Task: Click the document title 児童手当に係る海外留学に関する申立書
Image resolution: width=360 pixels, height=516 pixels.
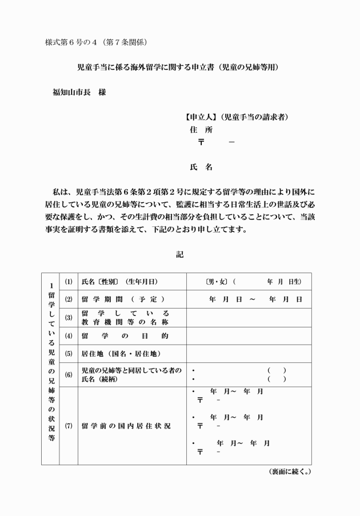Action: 151,67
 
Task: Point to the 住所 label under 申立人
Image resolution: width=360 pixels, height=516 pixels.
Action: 205,130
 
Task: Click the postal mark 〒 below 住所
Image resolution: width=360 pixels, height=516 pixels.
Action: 201,142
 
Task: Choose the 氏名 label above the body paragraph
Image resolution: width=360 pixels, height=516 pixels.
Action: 201,167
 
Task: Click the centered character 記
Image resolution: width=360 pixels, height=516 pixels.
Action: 180,255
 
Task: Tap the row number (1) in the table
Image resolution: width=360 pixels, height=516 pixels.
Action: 69,282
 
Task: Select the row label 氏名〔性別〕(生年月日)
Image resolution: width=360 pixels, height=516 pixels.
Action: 119,282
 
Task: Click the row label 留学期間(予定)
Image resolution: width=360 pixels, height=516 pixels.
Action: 123,299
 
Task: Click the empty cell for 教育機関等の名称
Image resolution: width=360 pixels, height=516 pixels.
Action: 249,317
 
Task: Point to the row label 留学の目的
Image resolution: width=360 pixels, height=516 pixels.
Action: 125,335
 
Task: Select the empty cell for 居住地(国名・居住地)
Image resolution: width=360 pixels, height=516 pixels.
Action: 249,353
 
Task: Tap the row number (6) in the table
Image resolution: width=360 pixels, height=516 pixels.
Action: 69,375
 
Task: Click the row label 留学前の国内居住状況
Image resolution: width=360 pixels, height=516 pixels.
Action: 126,426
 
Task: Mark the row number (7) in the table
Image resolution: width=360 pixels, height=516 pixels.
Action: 69,426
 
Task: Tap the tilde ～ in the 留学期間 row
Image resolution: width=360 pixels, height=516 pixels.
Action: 251,299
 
